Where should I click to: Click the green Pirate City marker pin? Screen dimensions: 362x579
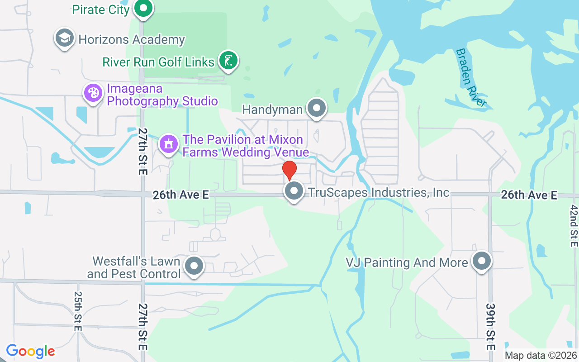point(143,8)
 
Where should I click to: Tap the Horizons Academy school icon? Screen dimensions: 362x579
point(65,38)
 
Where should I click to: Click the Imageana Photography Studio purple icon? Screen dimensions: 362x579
point(93,93)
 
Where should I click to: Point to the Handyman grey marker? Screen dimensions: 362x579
point(316,109)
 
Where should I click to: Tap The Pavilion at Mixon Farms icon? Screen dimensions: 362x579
point(169,144)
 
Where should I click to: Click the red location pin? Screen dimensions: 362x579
point(289,171)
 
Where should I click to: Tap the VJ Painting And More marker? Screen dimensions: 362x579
point(482,261)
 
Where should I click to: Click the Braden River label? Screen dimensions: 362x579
point(471,77)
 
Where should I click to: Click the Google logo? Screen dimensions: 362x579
point(30,351)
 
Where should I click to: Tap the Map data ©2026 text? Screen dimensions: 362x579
point(541,356)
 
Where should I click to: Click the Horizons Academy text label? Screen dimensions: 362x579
point(132,39)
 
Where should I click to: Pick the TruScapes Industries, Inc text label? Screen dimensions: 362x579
point(379,192)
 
